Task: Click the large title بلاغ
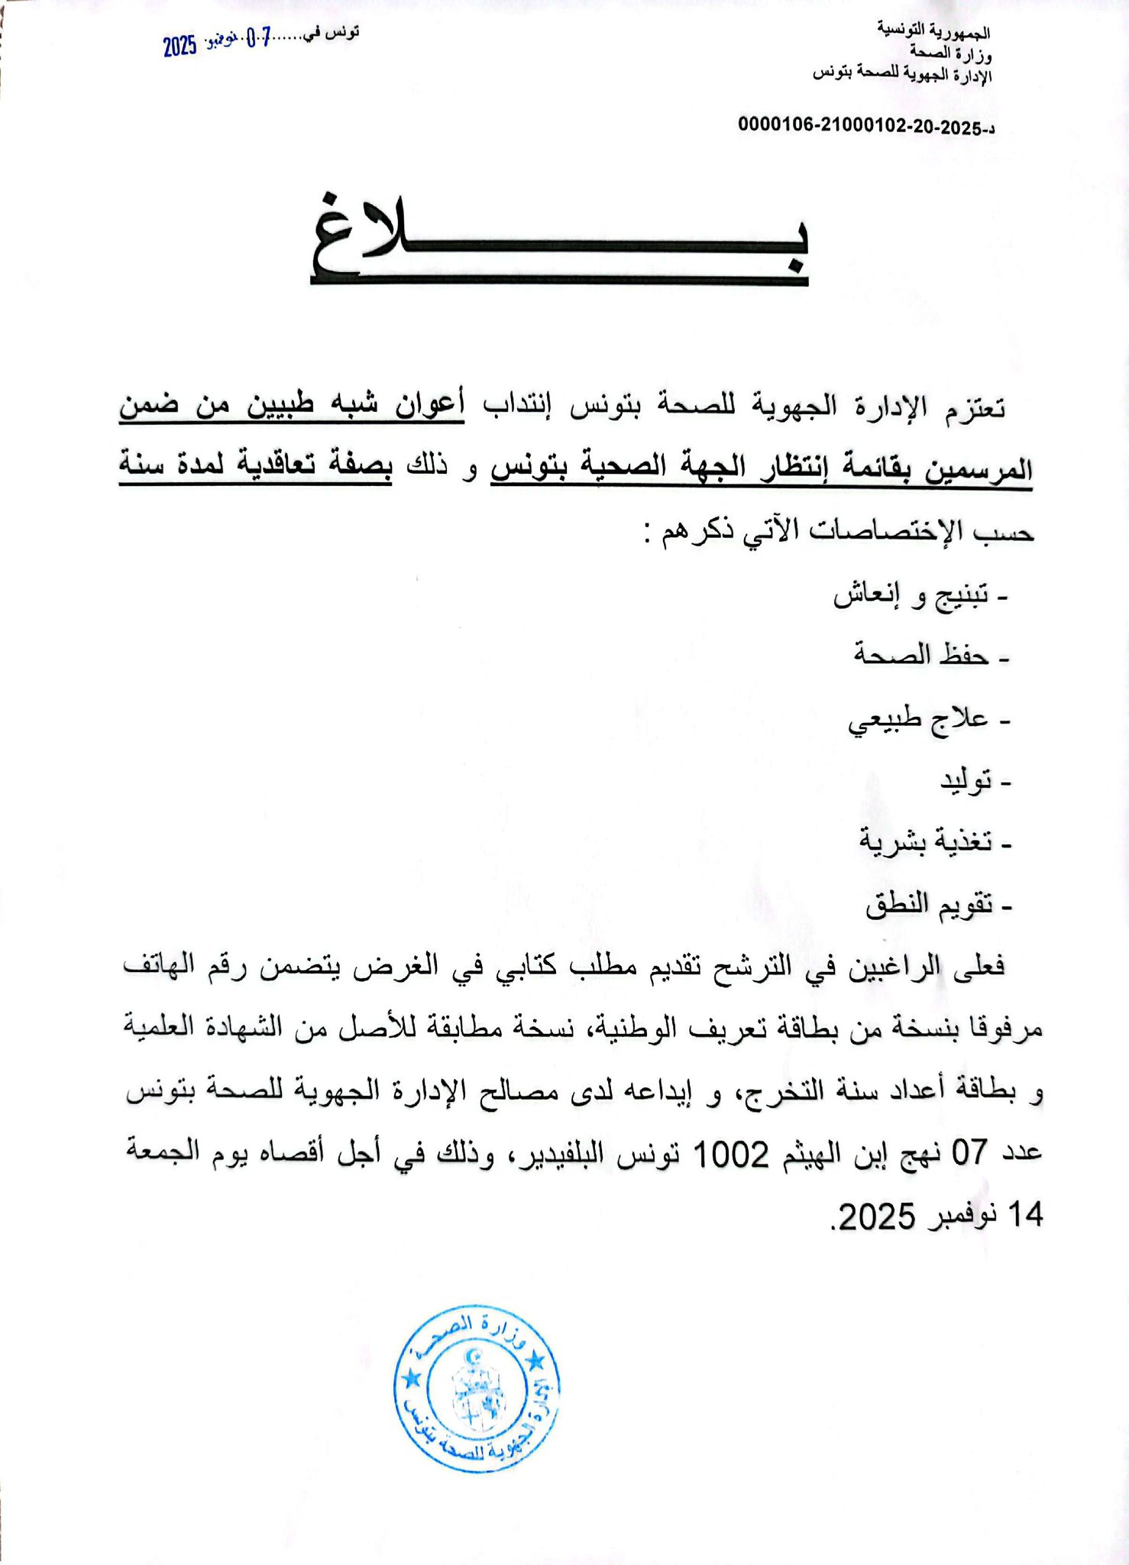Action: (x=559, y=240)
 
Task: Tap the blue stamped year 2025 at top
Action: (x=180, y=47)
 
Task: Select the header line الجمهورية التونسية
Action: (x=933, y=31)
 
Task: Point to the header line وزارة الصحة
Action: (x=950, y=53)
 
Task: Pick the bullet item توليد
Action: (x=966, y=780)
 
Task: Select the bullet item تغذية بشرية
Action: (x=926, y=841)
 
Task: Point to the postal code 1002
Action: (x=730, y=1155)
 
